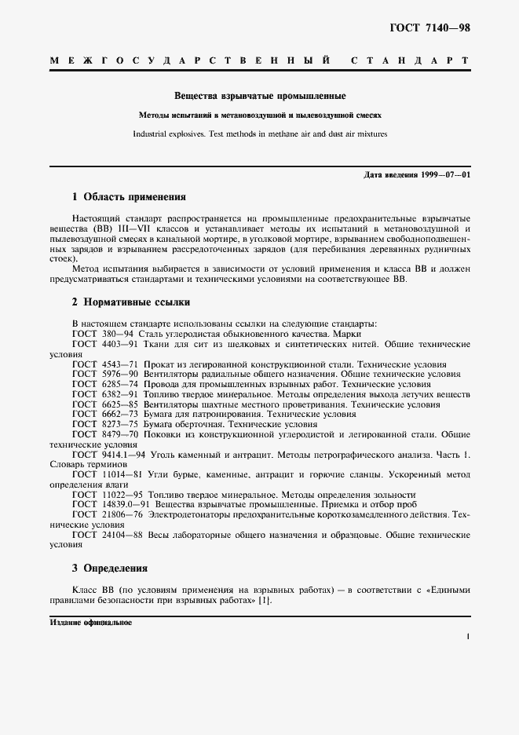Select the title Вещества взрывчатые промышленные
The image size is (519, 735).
[260, 97]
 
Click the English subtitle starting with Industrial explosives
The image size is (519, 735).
[260, 133]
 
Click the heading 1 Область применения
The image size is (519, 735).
[129, 197]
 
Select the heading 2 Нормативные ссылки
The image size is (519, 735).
[130, 302]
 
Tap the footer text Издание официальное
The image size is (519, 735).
[90, 622]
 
